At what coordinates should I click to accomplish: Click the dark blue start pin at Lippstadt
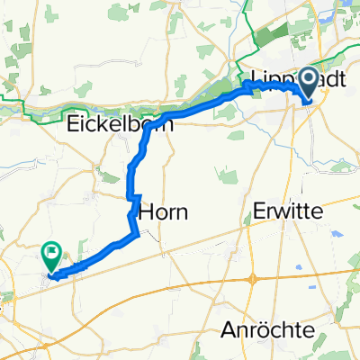[x=308, y=82]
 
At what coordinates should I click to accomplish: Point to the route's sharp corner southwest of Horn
[x=136, y=234]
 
